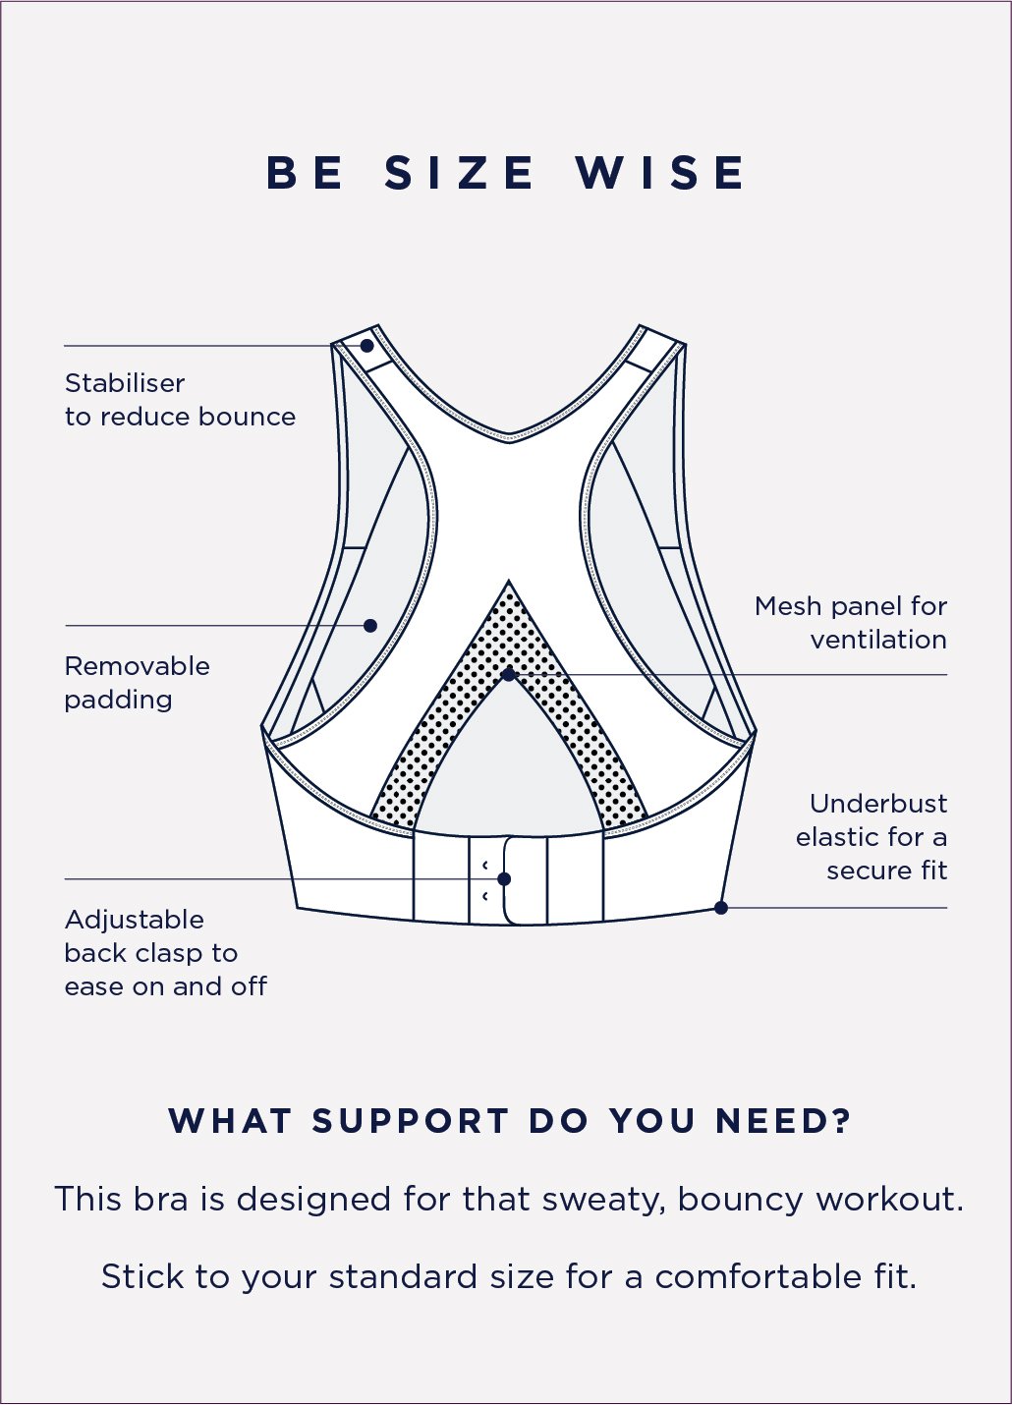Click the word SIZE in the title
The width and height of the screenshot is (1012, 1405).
(x=460, y=174)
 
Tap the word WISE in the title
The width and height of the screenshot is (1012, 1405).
(x=660, y=174)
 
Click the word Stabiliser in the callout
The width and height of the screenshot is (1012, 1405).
(x=125, y=383)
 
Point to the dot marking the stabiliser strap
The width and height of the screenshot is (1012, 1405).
(x=366, y=346)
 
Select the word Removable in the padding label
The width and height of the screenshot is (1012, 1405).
(x=137, y=666)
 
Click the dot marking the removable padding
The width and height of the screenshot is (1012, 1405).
(x=370, y=626)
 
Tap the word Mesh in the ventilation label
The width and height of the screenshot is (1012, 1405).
(x=787, y=606)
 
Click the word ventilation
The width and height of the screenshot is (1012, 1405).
(x=878, y=640)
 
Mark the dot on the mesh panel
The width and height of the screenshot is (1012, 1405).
(x=508, y=675)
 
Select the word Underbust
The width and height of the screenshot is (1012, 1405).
(x=878, y=804)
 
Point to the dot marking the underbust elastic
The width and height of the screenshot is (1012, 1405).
(x=721, y=908)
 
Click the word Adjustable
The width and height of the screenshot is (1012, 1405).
(x=135, y=921)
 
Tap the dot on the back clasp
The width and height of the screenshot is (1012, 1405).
(x=504, y=879)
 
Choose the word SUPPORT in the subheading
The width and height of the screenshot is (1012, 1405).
(x=411, y=1121)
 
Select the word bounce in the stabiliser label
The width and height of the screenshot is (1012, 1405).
(x=247, y=417)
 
